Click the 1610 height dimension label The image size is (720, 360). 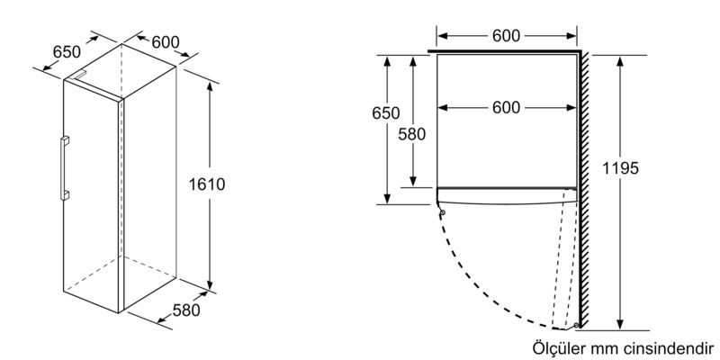[207, 184]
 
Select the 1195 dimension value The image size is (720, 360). [620, 168]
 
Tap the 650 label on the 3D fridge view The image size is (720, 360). [67, 52]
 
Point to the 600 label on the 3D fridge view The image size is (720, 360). [166, 42]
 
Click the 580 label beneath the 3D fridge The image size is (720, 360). [186, 310]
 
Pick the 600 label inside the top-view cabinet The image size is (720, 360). [506, 107]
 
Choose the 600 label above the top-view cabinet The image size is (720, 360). [506, 36]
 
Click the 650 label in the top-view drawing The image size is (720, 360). [386, 113]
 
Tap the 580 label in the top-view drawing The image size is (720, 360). [412, 134]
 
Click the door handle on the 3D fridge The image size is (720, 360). [64, 168]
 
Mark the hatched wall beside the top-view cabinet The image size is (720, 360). [584, 189]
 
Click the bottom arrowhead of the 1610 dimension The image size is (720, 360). [210, 283]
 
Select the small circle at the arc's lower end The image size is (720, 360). [576, 325]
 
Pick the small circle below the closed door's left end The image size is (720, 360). [443, 212]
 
